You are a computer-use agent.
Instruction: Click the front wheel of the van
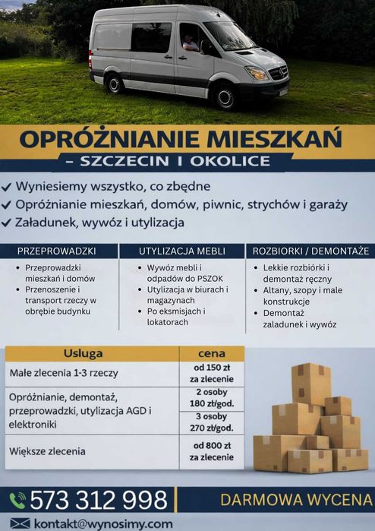pos(225,97)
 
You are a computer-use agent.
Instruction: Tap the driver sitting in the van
pos(189,43)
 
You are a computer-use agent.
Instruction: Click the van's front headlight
pos(257,73)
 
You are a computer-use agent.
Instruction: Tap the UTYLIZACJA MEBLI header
pos(182,251)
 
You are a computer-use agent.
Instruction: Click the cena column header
pos(211,354)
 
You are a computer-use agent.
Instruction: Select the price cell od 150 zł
pos(211,374)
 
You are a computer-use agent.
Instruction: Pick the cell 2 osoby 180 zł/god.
pos(211,398)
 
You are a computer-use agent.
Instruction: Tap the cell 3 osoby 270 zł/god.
pos(211,422)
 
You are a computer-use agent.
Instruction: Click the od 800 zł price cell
pos(211,451)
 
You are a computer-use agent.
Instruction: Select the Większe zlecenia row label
pos(48,451)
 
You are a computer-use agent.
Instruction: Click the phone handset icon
pos(17,500)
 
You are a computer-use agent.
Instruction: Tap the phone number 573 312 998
pos(99,500)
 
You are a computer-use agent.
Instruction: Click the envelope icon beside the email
pos(20,523)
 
